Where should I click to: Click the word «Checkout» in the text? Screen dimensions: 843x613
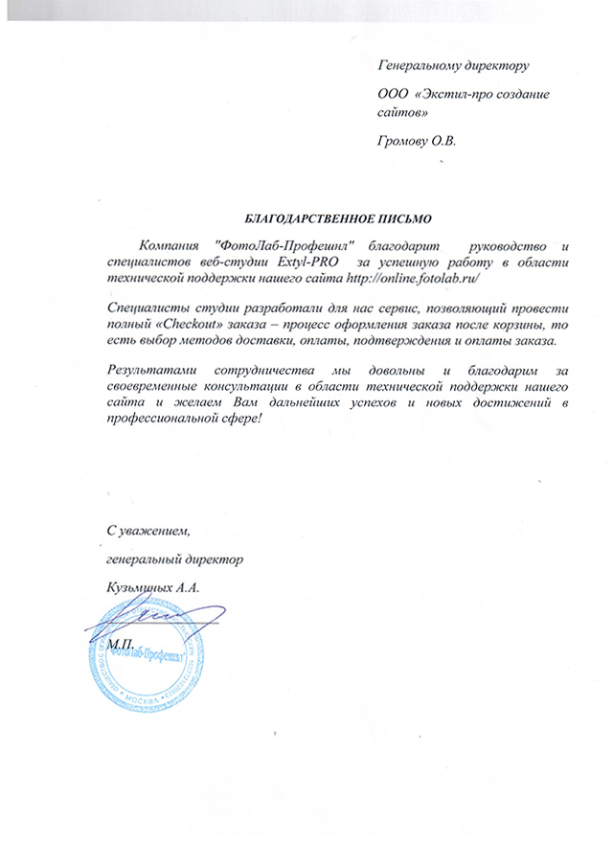click(185, 326)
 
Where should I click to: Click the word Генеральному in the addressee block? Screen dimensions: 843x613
click(421, 68)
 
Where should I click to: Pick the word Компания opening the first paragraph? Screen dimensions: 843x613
click(171, 245)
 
